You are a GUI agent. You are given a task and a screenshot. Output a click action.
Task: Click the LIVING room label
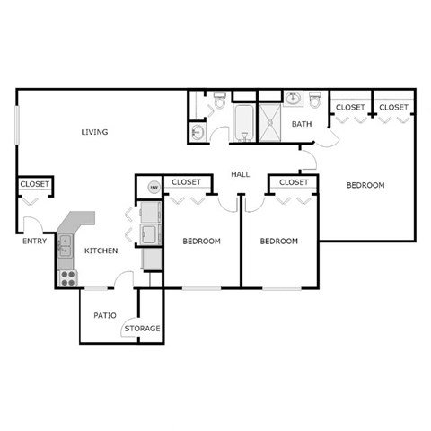point(94,133)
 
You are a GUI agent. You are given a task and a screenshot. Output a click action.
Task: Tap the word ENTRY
point(35,241)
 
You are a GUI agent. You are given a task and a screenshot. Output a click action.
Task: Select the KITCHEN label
point(101,251)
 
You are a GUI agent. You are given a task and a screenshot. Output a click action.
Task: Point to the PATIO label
point(104,315)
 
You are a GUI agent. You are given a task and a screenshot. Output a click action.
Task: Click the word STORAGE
point(142,329)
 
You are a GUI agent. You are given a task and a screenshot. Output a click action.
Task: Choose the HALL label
point(240,174)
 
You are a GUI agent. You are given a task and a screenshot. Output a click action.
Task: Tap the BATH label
point(301,125)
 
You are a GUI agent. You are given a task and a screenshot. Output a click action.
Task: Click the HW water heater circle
point(153,189)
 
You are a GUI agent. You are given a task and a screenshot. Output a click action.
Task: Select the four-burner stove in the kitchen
point(66,277)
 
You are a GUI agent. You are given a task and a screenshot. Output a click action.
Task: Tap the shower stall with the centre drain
point(271,122)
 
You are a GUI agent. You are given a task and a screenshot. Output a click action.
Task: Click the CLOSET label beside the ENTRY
point(35,184)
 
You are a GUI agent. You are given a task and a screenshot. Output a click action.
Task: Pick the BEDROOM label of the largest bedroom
point(365,185)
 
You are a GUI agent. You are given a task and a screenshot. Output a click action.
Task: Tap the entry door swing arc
point(31,221)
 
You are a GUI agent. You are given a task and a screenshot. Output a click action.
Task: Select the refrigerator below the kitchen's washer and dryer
point(152,258)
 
